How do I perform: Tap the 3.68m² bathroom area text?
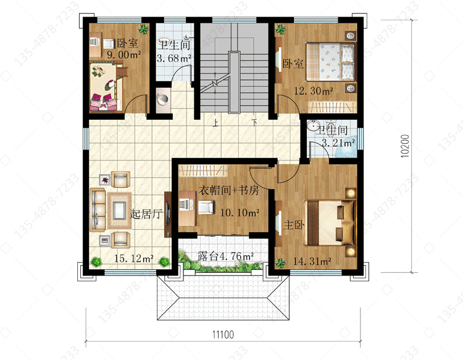click(x=174, y=58)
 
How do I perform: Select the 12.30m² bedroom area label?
click(x=314, y=91)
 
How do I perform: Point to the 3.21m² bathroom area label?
click(x=338, y=143)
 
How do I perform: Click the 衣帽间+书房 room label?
click(x=229, y=190)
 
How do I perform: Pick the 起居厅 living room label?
click(x=146, y=214)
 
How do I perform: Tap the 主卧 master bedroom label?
click(x=294, y=225)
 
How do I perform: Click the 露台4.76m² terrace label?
click(x=225, y=256)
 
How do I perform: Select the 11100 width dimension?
click(x=223, y=335)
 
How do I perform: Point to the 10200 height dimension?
click(x=405, y=146)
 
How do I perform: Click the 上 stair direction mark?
click(x=216, y=122)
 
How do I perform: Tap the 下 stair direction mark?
click(x=254, y=122)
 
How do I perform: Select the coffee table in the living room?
click(x=119, y=211)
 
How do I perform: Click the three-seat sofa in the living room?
click(x=98, y=211)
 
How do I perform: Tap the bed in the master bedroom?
click(x=330, y=223)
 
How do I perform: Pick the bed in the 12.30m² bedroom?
click(x=330, y=62)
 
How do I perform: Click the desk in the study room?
click(x=187, y=208)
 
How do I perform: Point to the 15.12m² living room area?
click(x=134, y=259)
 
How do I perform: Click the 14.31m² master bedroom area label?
click(x=312, y=261)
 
